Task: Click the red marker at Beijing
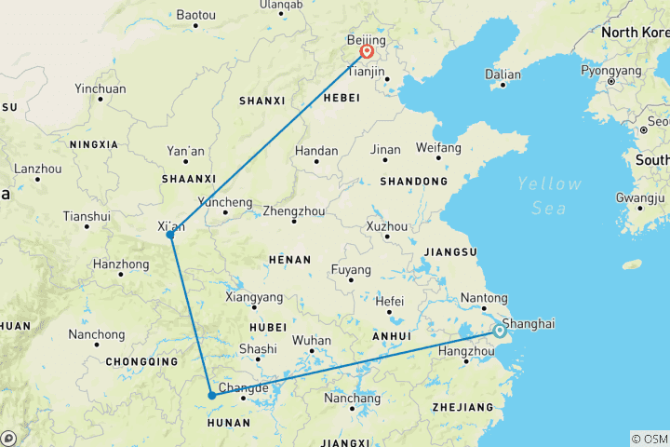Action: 368,52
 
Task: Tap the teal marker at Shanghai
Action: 500,331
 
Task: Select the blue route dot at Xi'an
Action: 170,235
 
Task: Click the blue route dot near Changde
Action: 212,395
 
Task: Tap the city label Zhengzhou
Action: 294,210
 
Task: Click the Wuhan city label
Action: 311,341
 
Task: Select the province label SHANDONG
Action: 413,182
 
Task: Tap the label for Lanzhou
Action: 36,169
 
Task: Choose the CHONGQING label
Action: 141,361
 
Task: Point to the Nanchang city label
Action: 352,399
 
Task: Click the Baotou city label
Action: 195,15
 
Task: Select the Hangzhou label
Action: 465,351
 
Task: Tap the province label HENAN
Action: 288,258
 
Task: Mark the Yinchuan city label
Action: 100,89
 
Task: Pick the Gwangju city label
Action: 640,197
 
